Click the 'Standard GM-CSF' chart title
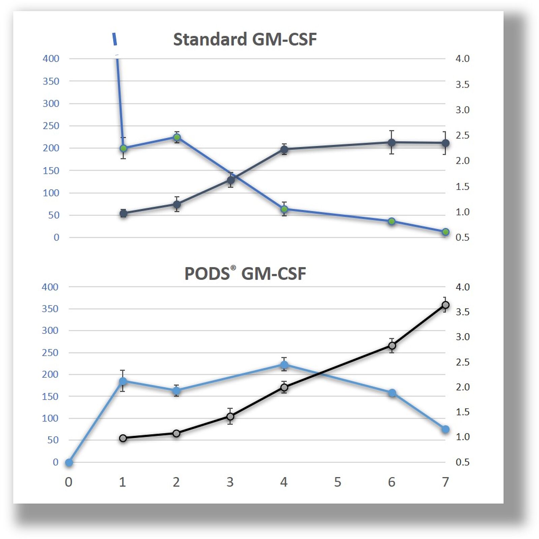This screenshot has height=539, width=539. click(245, 39)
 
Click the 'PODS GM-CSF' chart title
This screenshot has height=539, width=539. click(245, 273)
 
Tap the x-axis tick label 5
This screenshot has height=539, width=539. click(338, 482)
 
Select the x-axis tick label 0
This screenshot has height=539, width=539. click(68, 482)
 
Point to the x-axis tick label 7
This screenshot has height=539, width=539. click(445, 482)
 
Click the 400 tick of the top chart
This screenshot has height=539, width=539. click(51, 59)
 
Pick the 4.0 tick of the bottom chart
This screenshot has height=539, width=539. click(462, 287)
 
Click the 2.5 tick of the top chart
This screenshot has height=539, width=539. click(462, 135)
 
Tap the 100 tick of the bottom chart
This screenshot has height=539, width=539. click(50, 418)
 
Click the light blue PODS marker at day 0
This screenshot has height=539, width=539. click(69, 463)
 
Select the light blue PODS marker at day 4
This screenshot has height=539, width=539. click(284, 364)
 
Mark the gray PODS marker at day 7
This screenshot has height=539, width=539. click(445, 305)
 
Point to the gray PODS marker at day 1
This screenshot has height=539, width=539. click(123, 438)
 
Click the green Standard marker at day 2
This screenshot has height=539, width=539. click(177, 137)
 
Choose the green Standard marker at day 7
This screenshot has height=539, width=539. click(445, 232)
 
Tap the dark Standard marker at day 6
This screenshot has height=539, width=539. click(391, 142)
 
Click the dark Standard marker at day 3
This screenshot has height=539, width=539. click(231, 180)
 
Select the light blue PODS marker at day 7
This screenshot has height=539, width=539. click(445, 429)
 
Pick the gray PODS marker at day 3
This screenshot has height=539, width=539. click(230, 416)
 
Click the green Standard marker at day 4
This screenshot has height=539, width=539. click(284, 209)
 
